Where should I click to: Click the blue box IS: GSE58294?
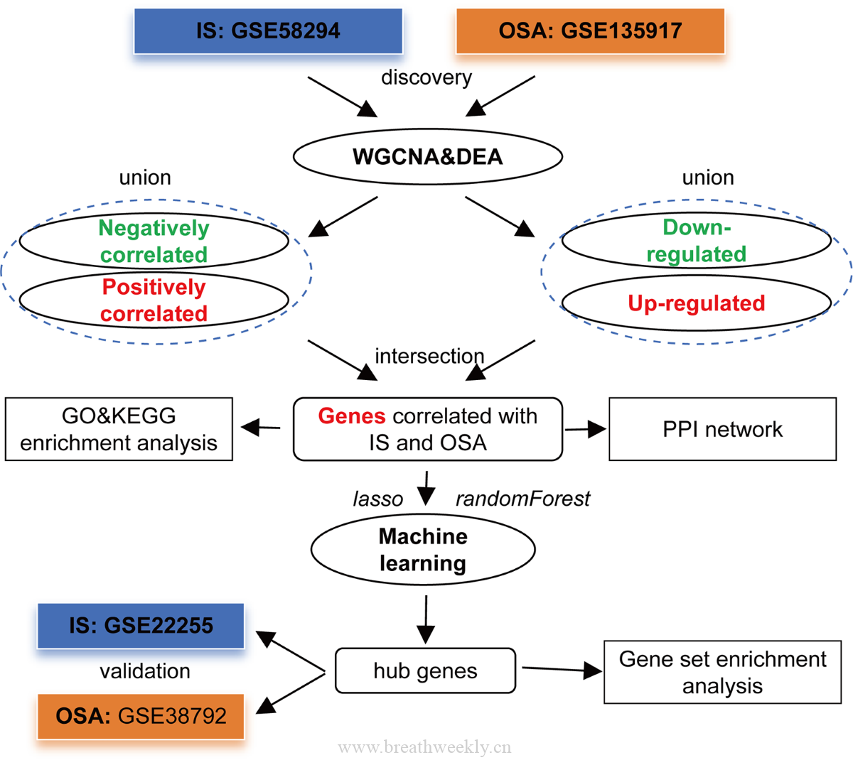(x=268, y=31)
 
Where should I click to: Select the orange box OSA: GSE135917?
(x=590, y=31)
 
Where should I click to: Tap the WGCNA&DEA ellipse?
(x=428, y=156)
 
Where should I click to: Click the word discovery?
(x=426, y=77)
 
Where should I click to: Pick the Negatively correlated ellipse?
(x=154, y=241)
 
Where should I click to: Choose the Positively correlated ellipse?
(x=154, y=300)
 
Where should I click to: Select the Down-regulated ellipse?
(x=697, y=241)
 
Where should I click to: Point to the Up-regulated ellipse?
(x=697, y=303)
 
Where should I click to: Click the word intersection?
(x=429, y=356)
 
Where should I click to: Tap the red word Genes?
(x=352, y=416)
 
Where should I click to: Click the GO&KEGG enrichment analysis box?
(x=119, y=429)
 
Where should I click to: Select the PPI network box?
(x=722, y=429)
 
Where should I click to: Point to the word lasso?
(x=378, y=499)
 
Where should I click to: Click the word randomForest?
(x=522, y=499)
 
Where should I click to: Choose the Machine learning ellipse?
(x=423, y=550)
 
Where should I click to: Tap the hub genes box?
(x=425, y=671)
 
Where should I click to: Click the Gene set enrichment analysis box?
(x=722, y=672)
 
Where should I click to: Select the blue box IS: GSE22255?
(x=141, y=626)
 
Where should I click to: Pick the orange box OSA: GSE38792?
(x=141, y=716)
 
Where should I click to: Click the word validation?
(x=145, y=671)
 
